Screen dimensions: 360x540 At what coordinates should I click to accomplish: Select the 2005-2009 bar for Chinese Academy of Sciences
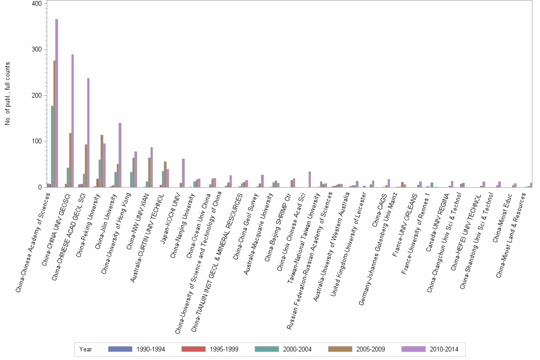(54, 124)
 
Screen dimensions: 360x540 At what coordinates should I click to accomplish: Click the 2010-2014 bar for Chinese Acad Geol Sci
(88, 133)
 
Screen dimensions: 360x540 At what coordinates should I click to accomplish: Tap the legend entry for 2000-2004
(296, 350)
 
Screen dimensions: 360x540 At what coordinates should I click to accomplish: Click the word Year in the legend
(86, 350)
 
